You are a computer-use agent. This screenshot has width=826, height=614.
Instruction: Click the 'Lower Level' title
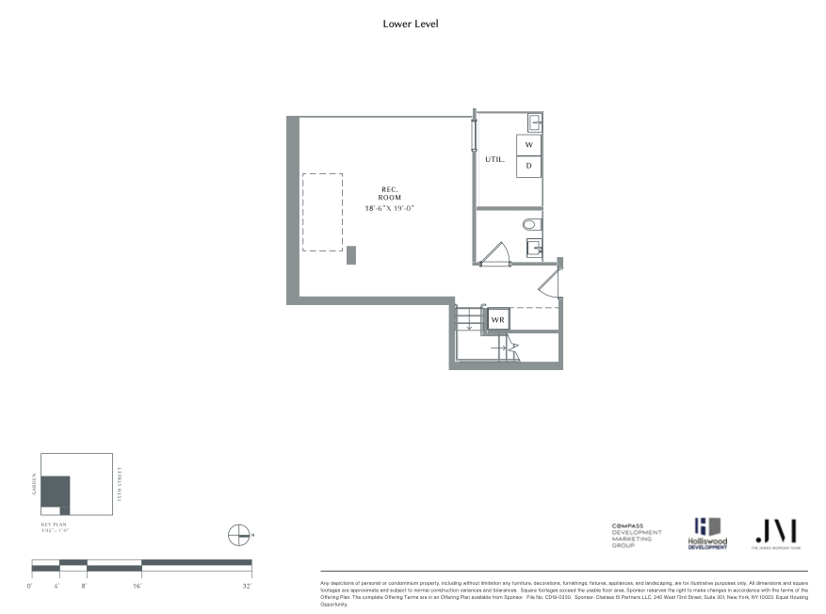(x=410, y=24)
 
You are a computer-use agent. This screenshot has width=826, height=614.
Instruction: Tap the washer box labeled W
(x=529, y=145)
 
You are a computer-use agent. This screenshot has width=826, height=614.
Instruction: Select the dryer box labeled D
(x=529, y=166)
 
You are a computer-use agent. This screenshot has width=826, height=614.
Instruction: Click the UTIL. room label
(x=494, y=160)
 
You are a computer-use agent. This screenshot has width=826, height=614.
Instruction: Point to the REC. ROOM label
(x=390, y=192)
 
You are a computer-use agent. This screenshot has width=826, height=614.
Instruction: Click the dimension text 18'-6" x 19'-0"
(x=390, y=207)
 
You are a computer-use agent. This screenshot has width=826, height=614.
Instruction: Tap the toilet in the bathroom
(x=530, y=224)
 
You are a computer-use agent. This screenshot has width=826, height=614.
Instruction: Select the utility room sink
(x=534, y=121)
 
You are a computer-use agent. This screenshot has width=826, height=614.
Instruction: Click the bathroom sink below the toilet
(x=533, y=248)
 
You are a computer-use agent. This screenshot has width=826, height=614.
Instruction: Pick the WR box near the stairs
(x=497, y=320)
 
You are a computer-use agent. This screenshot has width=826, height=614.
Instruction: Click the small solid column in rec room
(x=351, y=255)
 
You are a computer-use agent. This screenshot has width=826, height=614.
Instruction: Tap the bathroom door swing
(x=495, y=253)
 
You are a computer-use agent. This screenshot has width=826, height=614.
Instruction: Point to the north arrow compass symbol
(x=239, y=535)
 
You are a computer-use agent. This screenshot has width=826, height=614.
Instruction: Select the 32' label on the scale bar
(x=247, y=587)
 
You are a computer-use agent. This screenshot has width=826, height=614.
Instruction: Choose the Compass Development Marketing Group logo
(x=637, y=535)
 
